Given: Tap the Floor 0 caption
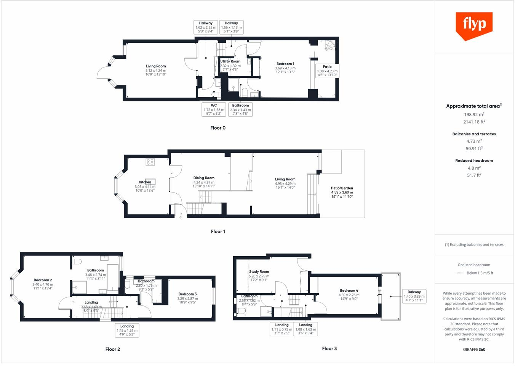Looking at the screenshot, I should pos(218,128).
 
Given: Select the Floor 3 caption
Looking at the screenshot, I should pos(329,348).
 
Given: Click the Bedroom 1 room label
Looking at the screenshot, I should pos(285,64).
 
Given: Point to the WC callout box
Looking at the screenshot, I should pos(214,109).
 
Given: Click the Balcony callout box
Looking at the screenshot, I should pos(414,296).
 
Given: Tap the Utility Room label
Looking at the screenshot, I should pos(230,61).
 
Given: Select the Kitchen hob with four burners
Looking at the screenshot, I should pos(150,162).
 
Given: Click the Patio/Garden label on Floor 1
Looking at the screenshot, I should pos(342,188).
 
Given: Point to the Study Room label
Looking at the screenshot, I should pos(259,272).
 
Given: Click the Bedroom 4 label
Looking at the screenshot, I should pos(349,291).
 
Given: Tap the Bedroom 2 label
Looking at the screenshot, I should pos(43,280).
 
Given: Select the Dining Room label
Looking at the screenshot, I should pos(204,178).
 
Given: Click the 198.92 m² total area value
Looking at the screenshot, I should pos(474,115).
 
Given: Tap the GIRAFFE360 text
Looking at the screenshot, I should pos(474,350).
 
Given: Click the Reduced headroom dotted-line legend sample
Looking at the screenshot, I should pos(459,273).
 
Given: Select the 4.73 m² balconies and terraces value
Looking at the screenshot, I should pos(474,141).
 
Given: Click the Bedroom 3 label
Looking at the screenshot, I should pos(187,294).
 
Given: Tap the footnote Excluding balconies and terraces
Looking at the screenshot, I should pos(474,245).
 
